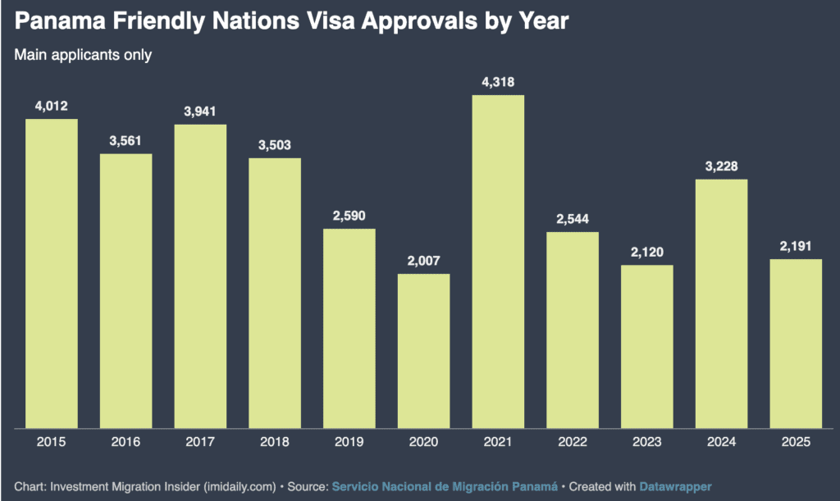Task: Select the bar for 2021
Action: coord(498,262)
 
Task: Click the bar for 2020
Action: coord(423,351)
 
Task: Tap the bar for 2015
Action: coord(51,274)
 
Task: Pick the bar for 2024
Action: coord(721,303)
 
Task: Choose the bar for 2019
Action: coord(349,328)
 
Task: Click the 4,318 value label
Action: coord(498,81)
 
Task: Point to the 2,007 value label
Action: coord(423,260)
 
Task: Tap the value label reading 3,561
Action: coord(126,140)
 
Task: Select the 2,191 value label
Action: coord(796,246)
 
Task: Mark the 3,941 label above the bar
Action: coord(200,111)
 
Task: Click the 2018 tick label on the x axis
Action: coord(275,443)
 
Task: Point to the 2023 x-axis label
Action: coord(646,443)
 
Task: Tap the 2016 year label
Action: coord(126,443)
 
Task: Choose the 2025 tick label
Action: coord(796,443)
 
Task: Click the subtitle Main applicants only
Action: coord(84,55)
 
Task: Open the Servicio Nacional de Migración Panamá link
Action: coord(445,486)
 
